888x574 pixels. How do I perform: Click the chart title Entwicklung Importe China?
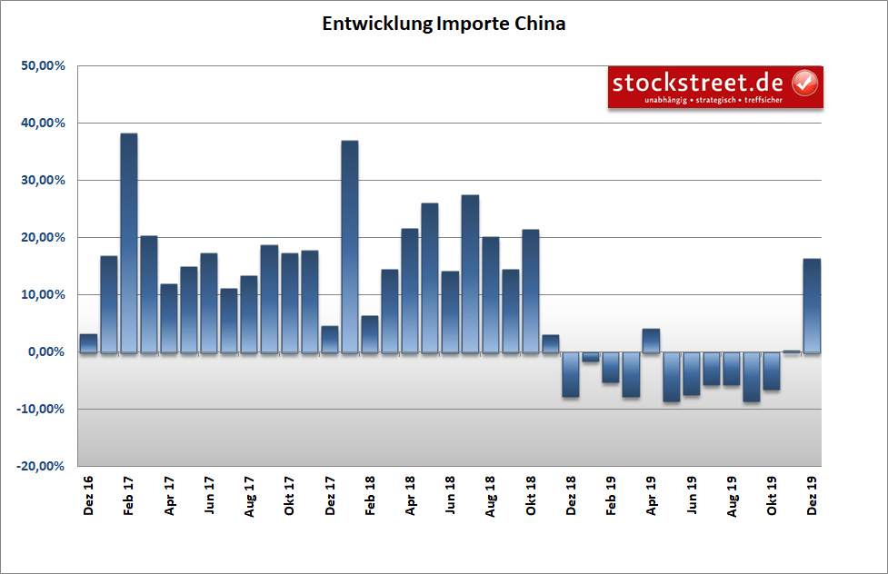pyautogui.click(x=444, y=25)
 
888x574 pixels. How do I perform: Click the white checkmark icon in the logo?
pyautogui.click(x=805, y=84)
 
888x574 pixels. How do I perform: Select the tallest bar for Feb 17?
pyautogui.click(x=129, y=242)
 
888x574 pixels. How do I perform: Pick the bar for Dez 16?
pyautogui.click(x=88, y=343)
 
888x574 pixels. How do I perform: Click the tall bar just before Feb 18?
pyautogui.click(x=350, y=246)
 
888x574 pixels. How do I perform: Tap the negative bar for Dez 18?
pyautogui.click(x=570, y=374)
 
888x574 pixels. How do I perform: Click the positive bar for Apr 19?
pyautogui.click(x=651, y=341)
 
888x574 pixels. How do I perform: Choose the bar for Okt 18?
pyautogui.click(x=531, y=291)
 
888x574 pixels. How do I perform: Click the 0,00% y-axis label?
pyautogui.click(x=42, y=352)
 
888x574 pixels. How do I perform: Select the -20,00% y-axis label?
pyautogui.click(x=39, y=466)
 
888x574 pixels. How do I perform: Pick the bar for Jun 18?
pyautogui.click(x=450, y=312)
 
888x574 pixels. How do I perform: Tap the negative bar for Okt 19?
pyautogui.click(x=772, y=371)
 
